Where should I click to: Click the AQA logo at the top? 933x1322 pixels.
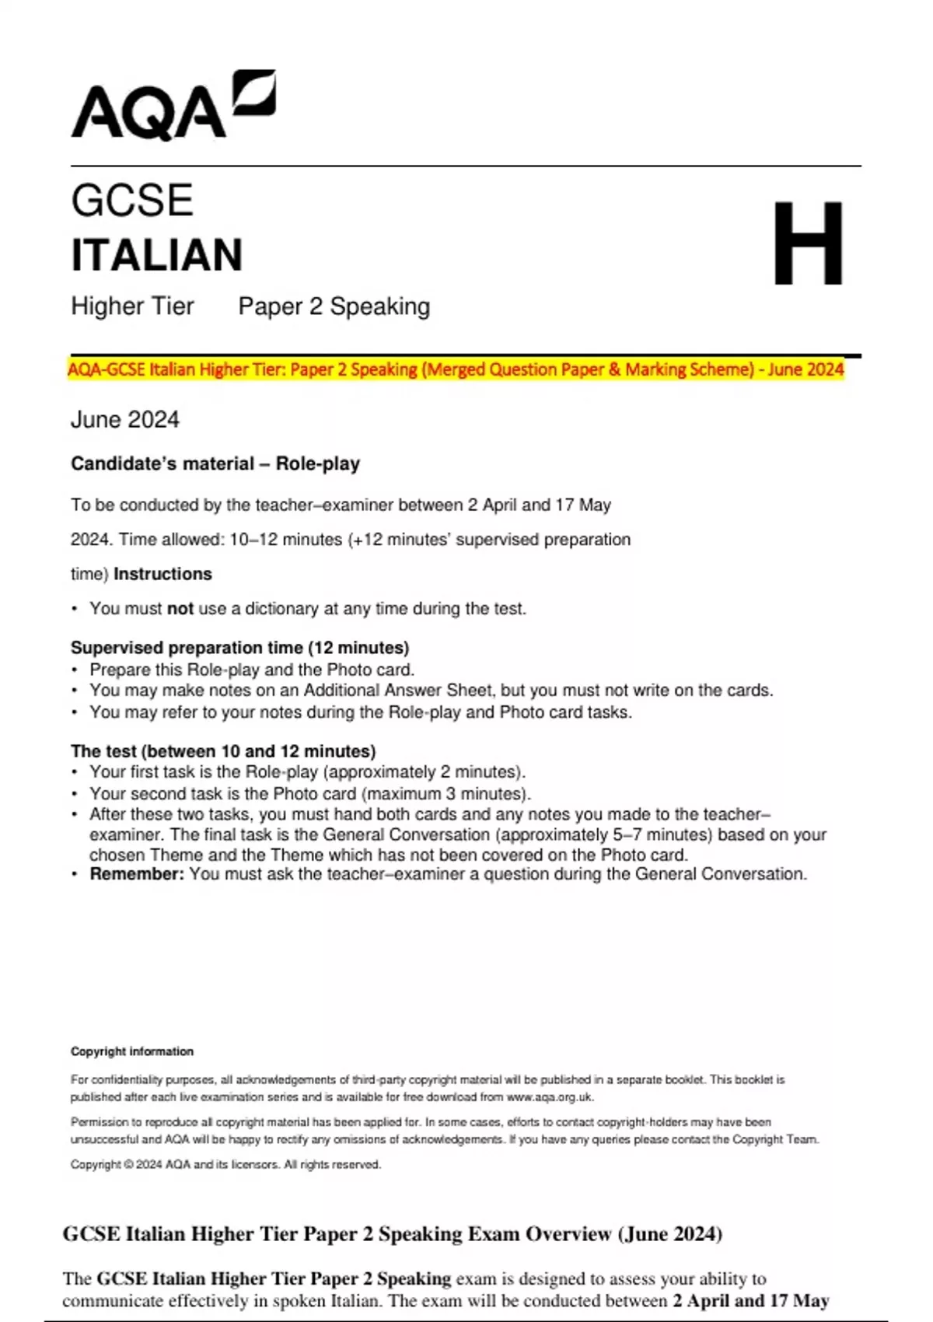(173, 107)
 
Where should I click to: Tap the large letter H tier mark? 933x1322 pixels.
(808, 243)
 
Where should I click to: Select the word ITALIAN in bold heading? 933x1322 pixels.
(157, 256)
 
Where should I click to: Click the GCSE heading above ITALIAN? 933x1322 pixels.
(132, 201)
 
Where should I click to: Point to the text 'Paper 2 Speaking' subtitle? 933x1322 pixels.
(334, 306)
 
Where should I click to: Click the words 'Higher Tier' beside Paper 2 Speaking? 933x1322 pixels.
(132, 306)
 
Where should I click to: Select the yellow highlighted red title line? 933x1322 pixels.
(456, 369)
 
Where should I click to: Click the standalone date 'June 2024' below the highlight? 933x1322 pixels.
(125, 420)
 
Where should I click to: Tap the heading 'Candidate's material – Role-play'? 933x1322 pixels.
(215, 464)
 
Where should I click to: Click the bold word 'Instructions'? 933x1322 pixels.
(162, 574)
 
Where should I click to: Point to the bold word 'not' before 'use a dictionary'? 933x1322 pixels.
(180, 609)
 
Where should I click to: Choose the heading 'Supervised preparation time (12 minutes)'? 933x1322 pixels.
(239, 648)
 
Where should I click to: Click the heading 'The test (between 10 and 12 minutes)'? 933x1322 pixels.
(223, 751)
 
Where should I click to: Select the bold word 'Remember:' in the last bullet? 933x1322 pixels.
(137, 874)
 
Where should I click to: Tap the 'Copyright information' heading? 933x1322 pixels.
(132, 1051)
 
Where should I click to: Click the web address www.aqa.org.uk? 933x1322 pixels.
(549, 1097)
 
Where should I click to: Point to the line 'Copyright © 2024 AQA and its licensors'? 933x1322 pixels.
(225, 1165)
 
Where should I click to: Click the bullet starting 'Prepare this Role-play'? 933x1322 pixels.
(252, 670)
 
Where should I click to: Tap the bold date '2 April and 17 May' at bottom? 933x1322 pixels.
(751, 1301)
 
